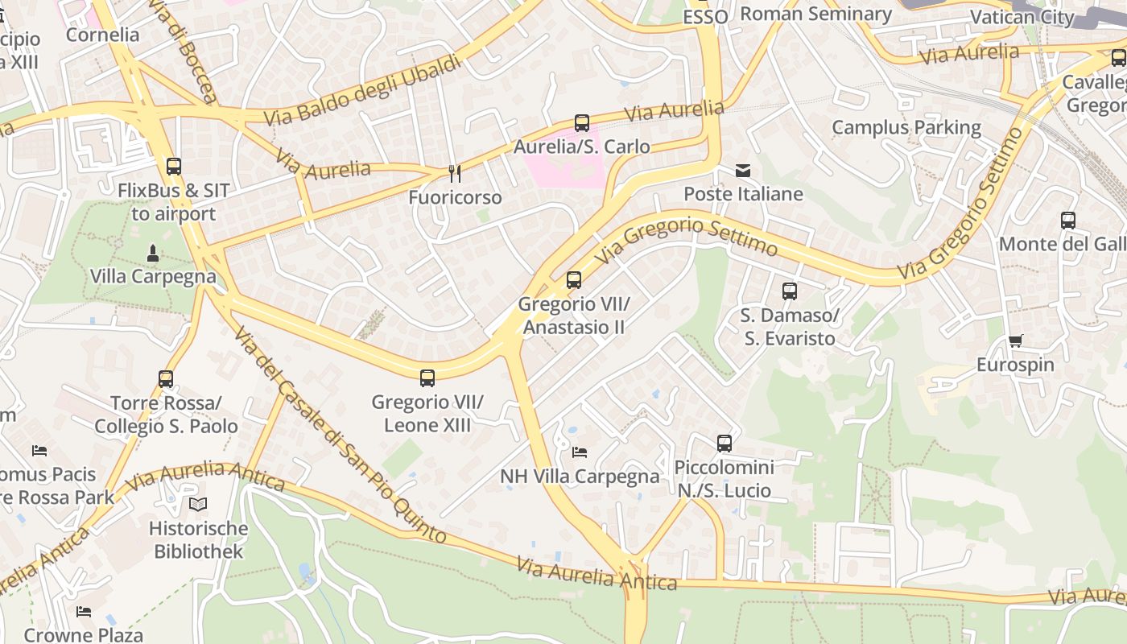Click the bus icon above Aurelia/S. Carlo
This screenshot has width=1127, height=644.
click(582, 123)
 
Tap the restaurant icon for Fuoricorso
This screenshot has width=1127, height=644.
click(455, 173)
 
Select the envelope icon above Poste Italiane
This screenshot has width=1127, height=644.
click(743, 171)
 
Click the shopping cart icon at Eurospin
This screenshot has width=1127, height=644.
click(1016, 341)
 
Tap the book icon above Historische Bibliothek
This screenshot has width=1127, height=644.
click(198, 505)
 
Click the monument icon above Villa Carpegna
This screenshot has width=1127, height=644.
click(153, 254)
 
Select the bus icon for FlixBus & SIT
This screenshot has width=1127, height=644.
click(174, 167)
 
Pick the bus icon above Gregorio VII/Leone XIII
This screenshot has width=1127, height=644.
click(427, 378)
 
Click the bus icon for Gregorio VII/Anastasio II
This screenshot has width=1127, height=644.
click(574, 280)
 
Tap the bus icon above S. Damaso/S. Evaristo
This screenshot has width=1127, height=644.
click(790, 291)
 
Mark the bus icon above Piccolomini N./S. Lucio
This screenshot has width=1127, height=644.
click(724, 444)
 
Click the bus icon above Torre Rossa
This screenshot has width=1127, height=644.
click(166, 378)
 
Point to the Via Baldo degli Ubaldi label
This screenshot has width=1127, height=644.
click(363, 89)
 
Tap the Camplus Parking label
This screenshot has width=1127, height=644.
click(906, 127)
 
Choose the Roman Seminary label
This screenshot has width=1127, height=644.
click(815, 14)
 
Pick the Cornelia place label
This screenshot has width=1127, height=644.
click(102, 35)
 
